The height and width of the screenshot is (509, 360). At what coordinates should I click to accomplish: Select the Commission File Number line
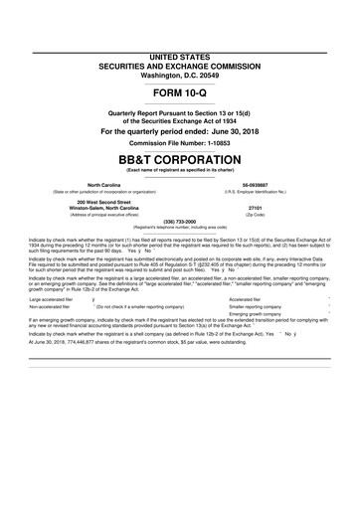click(x=179, y=143)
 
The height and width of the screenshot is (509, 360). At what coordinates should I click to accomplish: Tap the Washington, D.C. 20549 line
click(x=179, y=47)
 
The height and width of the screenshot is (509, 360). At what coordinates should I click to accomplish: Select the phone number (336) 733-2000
click(x=179, y=222)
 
